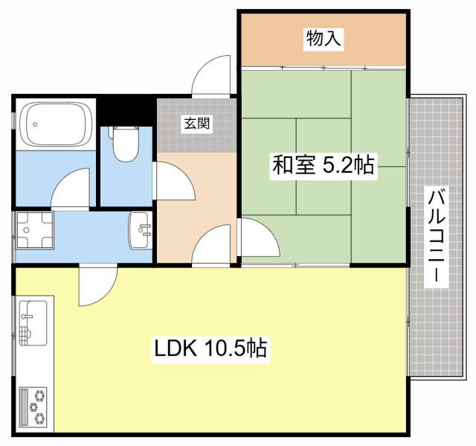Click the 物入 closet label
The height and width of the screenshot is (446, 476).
(324, 39)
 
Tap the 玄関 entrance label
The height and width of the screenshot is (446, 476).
(197, 124)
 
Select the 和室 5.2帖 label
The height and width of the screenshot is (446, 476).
(323, 166)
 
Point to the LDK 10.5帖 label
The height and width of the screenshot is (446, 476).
(210, 348)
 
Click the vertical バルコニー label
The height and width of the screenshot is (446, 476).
(437, 238)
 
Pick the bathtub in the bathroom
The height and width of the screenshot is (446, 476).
(56, 124)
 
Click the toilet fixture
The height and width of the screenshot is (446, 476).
(126, 143)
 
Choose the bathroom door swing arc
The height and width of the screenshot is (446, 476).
(72, 189)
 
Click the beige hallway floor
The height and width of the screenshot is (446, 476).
(178, 216)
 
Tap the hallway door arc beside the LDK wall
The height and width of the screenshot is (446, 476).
(213, 246)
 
